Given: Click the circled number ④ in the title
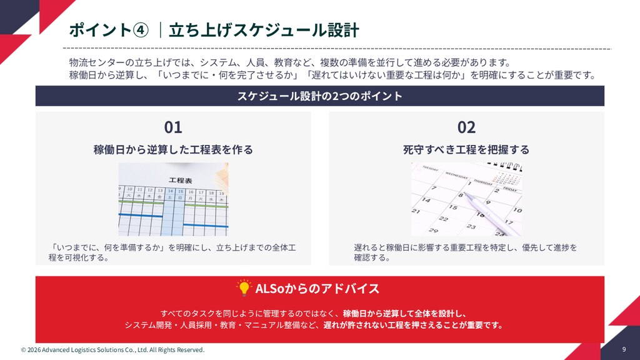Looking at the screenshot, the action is (x=141, y=30).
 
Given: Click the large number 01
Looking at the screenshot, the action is (x=173, y=127).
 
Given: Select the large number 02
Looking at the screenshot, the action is (x=466, y=127).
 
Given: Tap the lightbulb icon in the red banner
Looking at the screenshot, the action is (x=244, y=287).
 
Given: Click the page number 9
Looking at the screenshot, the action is (x=624, y=349).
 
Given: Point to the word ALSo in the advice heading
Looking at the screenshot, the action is (x=270, y=289).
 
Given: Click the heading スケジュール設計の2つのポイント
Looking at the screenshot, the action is (x=319, y=96).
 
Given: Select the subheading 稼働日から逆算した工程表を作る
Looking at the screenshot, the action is (x=173, y=149).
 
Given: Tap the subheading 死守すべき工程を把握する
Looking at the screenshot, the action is (x=466, y=149).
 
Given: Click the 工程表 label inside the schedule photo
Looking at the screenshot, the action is (x=181, y=180).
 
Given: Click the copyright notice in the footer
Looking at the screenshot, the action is (x=112, y=350).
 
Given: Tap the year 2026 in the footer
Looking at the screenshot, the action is (x=34, y=350).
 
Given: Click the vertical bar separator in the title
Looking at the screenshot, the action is (x=161, y=30).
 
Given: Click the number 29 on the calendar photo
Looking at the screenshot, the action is (x=433, y=231).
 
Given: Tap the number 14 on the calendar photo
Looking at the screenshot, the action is (x=426, y=200).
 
